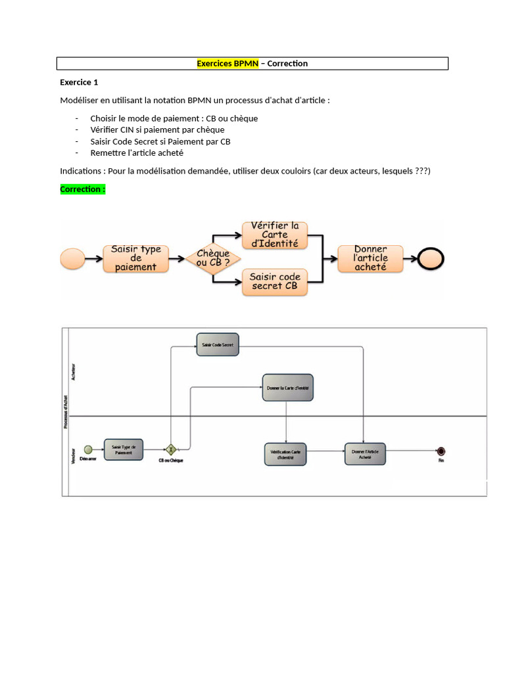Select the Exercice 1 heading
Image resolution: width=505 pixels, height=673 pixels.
pos(79,82)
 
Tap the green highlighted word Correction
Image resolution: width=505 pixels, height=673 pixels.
pos(82,189)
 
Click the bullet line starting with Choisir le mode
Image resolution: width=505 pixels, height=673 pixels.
pos(174,118)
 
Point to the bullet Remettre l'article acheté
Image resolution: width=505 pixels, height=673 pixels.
pos(137,152)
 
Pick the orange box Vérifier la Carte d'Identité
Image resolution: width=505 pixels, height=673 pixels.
pos(274,235)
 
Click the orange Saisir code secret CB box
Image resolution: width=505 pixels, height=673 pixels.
pos(274,281)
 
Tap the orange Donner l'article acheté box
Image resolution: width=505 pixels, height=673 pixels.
pos(371,258)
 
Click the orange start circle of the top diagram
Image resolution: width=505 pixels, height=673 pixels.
pos(72,258)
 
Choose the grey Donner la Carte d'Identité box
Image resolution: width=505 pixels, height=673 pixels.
pos(287,388)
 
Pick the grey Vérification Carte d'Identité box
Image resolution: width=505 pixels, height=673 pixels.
pos(285,453)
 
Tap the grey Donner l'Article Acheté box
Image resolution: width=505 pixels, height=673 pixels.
pos(365,453)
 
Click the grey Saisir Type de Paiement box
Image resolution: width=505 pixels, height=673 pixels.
pos(123,450)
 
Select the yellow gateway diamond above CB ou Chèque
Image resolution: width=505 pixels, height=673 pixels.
pos(172,450)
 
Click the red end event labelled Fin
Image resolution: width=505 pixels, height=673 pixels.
pos(441,451)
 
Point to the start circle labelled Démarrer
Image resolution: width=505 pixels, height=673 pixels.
pos(87,450)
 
